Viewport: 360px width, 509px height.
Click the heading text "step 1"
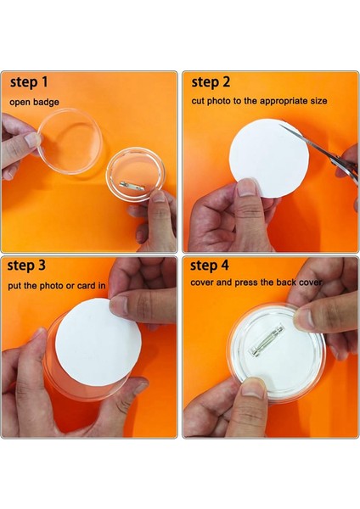click(29, 82)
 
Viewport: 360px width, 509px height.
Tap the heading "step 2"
click(211, 82)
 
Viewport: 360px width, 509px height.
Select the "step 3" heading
click(26, 266)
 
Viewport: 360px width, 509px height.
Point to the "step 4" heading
click(209, 266)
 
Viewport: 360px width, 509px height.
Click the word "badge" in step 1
click(47, 102)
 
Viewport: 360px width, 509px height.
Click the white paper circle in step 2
click(269, 158)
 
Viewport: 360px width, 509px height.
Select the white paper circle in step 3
click(98, 343)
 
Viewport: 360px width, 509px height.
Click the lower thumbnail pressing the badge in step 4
click(253, 388)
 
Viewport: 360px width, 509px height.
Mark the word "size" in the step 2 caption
click(318, 101)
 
